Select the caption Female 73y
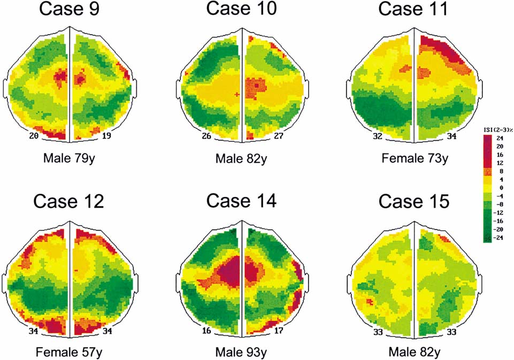click(413, 159)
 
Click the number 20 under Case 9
click(35, 136)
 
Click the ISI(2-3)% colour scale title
click(495, 129)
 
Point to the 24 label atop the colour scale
click(500, 137)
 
